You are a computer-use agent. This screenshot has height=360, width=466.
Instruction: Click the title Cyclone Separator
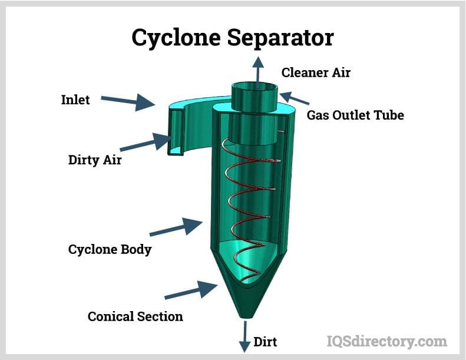[x=233, y=37]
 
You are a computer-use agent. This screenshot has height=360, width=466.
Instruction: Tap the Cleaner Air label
[x=316, y=72]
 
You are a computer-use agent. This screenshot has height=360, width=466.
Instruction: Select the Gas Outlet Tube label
[x=355, y=115]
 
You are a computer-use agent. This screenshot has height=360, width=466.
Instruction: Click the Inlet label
[x=75, y=100]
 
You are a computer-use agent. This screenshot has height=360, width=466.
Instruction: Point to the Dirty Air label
[x=95, y=159]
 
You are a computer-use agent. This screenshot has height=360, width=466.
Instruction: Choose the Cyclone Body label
[x=110, y=249]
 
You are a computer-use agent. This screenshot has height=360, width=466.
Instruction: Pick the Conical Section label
[x=135, y=316]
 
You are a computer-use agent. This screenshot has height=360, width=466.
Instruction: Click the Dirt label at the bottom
[x=265, y=342]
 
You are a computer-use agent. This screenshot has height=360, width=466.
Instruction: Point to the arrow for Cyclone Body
[x=176, y=227]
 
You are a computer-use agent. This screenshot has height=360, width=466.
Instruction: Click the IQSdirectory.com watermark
[x=386, y=341]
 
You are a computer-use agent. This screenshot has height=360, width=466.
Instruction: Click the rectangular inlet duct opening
[x=176, y=132]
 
